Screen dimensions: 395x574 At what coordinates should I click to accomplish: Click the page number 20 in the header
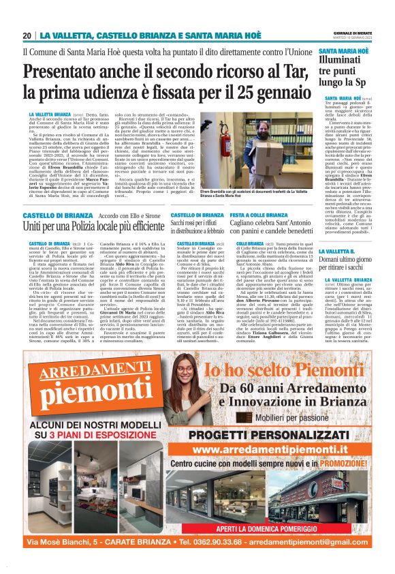point(27,35)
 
